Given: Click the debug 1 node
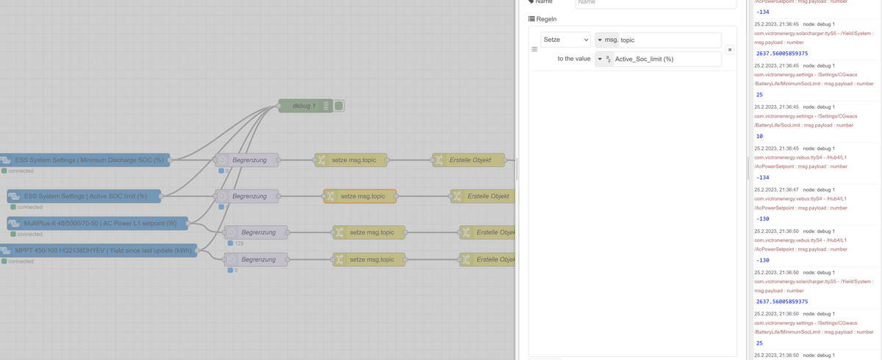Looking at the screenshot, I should point(304,107).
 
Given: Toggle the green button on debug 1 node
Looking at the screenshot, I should point(339,107).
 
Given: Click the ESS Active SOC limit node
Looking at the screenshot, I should point(85,196).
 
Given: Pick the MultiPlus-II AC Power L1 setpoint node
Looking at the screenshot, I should point(99,223).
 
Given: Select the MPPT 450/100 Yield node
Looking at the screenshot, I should point(103,251).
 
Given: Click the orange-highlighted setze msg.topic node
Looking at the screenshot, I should point(359,196).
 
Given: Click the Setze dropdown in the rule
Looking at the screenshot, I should point(565,40).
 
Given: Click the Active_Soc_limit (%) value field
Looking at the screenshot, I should point(665,59).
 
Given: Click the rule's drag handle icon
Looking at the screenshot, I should point(534,49).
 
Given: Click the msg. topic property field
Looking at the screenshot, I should point(669,40).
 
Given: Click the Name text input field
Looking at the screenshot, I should point(654,3).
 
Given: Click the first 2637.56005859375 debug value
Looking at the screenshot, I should point(781,54).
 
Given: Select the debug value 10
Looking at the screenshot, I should point(760,136).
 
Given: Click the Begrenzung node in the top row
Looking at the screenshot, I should point(248,159).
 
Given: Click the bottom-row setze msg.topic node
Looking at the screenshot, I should point(368,259).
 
